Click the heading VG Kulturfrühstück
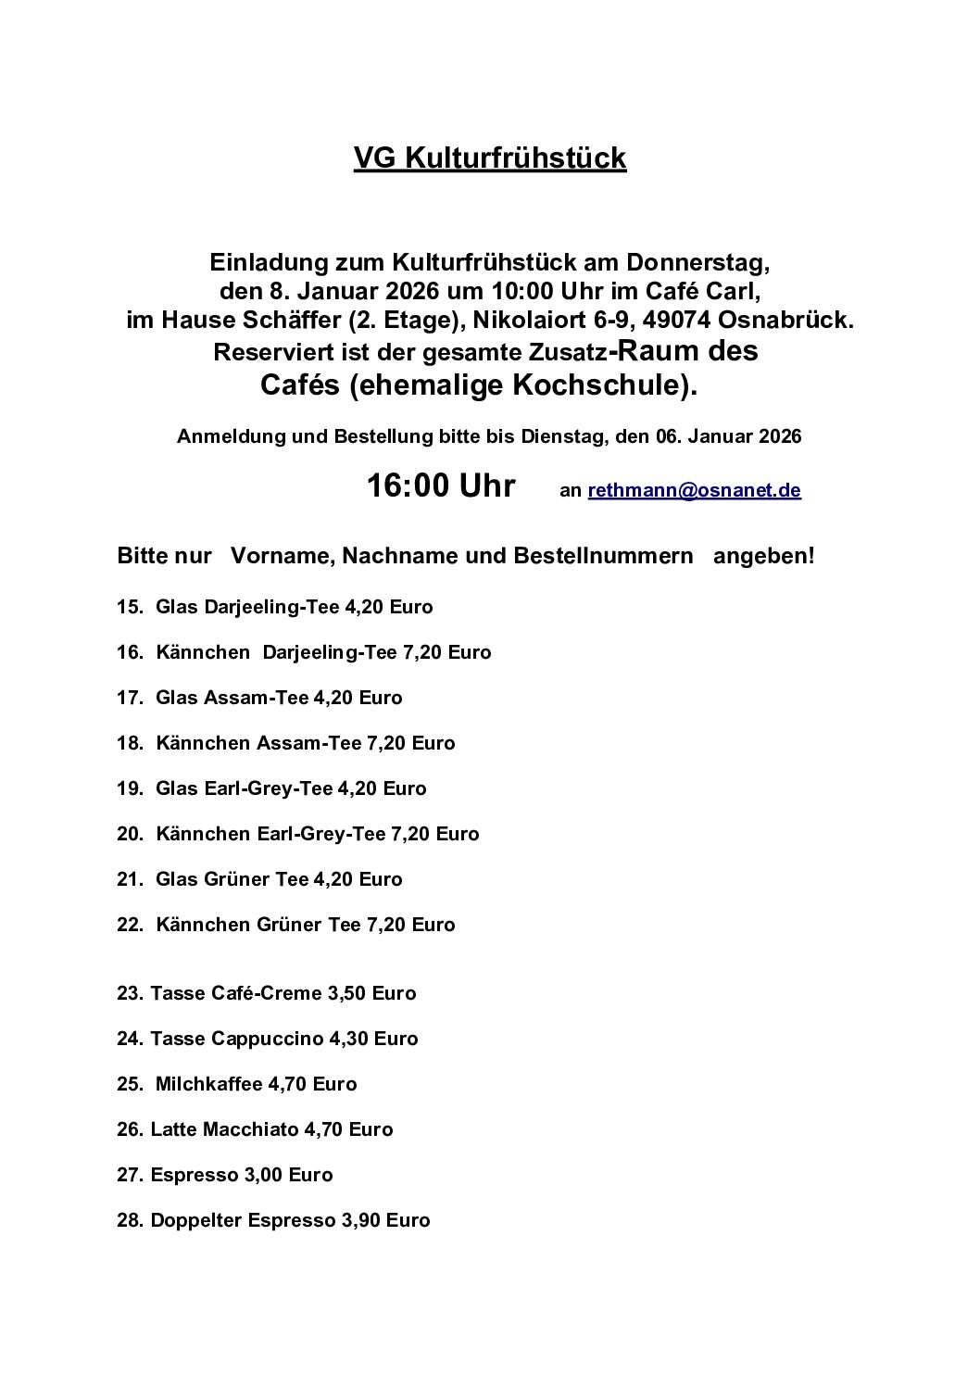(490, 159)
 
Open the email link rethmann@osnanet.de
(694, 491)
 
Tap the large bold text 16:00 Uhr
(441, 485)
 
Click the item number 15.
(129, 608)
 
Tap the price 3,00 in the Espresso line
(263, 1175)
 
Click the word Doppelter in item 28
(196, 1220)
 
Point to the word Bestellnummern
(603, 556)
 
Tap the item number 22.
(129, 925)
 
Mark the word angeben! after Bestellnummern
(764, 556)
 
